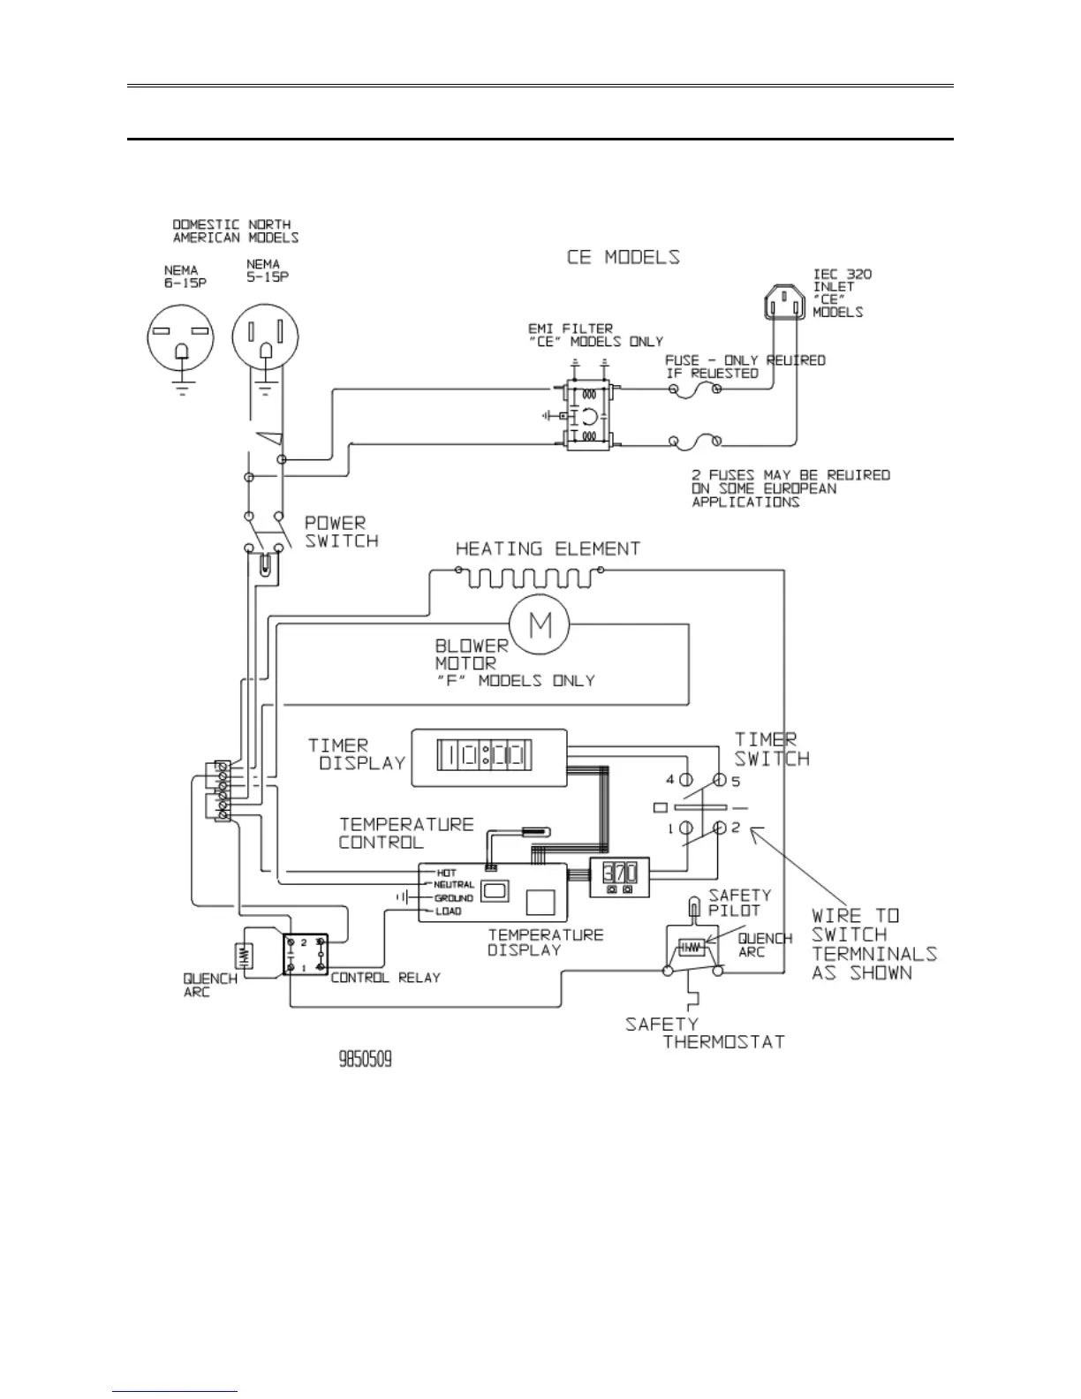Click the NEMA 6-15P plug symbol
pyautogui.click(x=182, y=342)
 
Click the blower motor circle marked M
pyautogui.click(x=540, y=625)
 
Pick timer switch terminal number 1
pyautogui.click(x=685, y=828)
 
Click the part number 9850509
pyautogui.click(x=366, y=1058)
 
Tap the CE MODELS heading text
pyautogui.click(x=623, y=257)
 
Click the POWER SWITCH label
pyautogui.click(x=341, y=532)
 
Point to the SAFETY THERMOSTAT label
pyautogui.click(x=705, y=1033)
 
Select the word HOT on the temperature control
pyautogui.click(x=447, y=872)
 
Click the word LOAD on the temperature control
pyautogui.click(x=449, y=911)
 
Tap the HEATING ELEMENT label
pyautogui.click(x=548, y=548)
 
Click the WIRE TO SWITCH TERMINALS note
pyautogui.click(x=873, y=944)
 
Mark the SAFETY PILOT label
pyautogui.click(x=739, y=902)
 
